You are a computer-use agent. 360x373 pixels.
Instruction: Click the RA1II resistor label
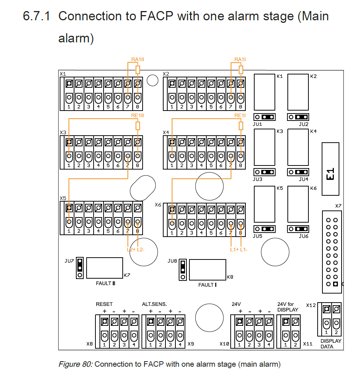point(138,59)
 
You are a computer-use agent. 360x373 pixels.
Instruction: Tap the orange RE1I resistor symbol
point(241,126)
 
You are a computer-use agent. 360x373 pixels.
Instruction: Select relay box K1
point(265,92)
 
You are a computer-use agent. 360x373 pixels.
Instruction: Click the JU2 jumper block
point(298,117)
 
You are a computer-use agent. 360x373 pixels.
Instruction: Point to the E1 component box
point(330,169)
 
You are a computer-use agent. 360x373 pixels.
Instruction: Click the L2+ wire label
point(131,250)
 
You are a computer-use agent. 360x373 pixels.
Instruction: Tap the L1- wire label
point(244,250)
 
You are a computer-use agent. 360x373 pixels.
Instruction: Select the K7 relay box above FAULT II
point(105,268)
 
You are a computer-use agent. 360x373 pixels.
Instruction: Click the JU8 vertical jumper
point(183,270)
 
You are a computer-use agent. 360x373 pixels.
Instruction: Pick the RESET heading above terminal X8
point(104,304)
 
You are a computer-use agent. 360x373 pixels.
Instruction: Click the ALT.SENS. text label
point(154,304)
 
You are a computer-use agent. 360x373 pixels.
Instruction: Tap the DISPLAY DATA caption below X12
point(331,344)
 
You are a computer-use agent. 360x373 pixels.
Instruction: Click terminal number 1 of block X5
point(69,231)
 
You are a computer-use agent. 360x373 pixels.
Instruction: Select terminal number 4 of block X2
point(202,107)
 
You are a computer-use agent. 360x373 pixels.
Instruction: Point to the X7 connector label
point(338,206)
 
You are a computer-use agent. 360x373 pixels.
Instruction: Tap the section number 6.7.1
point(36,16)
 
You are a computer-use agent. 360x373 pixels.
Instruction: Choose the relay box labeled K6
point(298,204)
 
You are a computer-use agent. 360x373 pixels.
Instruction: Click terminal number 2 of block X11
point(295,345)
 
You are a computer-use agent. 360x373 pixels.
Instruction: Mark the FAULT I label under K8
point(207,285)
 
